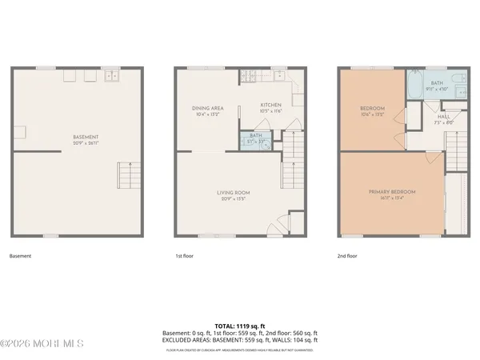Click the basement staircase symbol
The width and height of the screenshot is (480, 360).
[x=128, y=174]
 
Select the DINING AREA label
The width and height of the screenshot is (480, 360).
[x=207, y=108]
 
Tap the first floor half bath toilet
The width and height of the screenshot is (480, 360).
[x=265, y=142]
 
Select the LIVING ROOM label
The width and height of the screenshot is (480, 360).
[x=234, y=192]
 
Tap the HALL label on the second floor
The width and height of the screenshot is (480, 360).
[x=442, y=117]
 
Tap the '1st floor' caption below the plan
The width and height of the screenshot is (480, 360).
[x=184, y=258]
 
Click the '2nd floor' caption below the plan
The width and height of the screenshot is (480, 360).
[x=348, y=258]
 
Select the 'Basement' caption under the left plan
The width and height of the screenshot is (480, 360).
[x=22, y=258]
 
